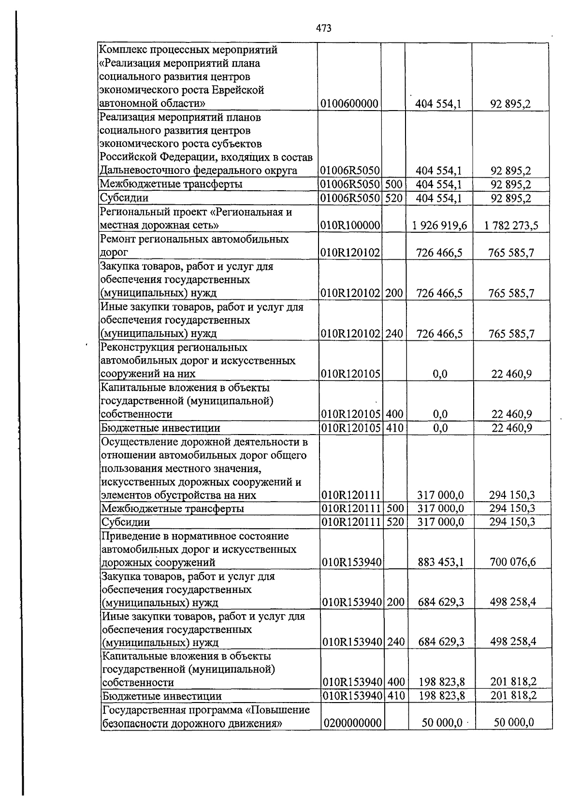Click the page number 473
(x=324, y=28)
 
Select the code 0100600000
(x=349, y=103)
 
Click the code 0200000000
(x=353, y=722)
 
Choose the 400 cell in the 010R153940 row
(x=396, y=682)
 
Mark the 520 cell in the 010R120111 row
(x=395, y=521)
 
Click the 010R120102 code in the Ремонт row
(x=351, y=252)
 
